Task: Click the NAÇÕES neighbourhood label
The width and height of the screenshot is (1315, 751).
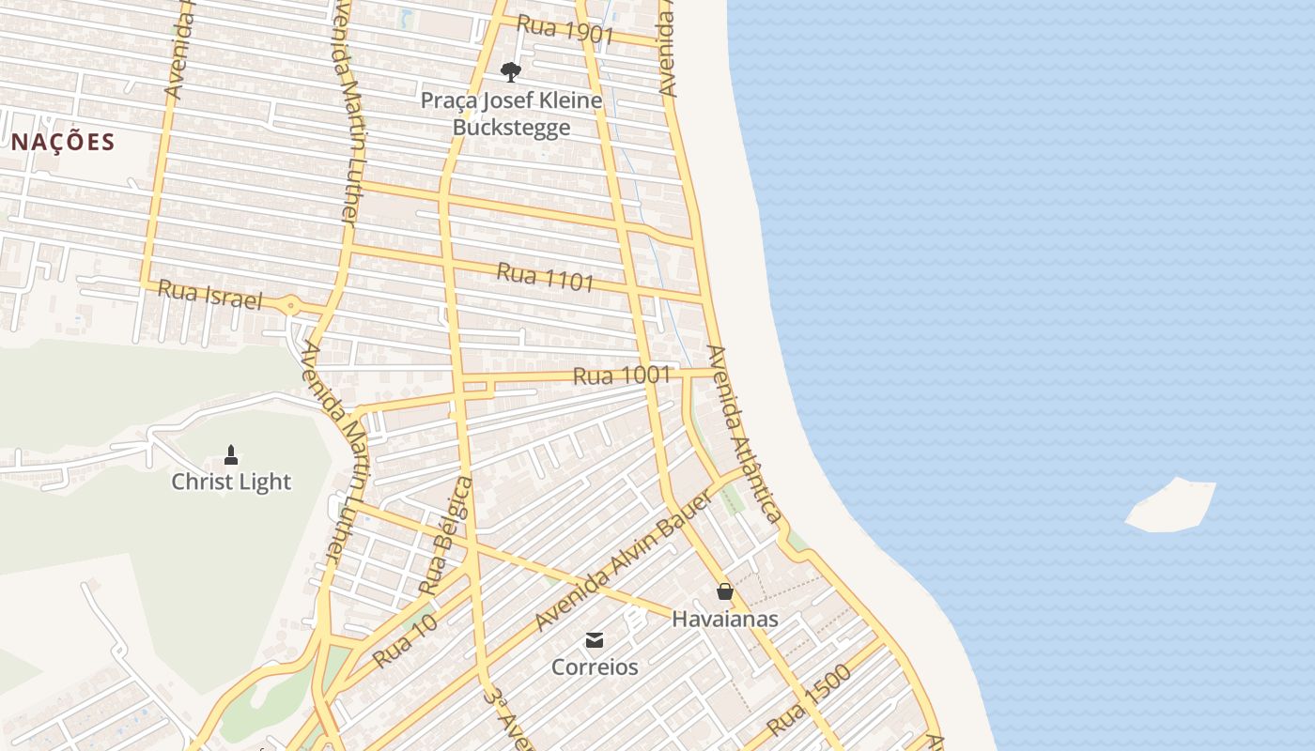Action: click(63, 143)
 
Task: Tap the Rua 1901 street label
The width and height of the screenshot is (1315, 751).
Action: click(565, 30)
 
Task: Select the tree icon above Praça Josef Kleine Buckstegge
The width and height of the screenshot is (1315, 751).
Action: click(511, 72)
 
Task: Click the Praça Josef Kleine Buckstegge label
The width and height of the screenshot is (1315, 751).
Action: click(511, 113)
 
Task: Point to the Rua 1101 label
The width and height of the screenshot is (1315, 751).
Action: click(545, 277)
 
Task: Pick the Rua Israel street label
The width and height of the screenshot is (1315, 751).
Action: click(209, 295)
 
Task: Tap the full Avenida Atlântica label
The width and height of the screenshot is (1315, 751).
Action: click(744, 433)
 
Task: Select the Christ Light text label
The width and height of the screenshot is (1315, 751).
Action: click(231, 482)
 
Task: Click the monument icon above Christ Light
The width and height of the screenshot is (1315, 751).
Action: click(231, 456)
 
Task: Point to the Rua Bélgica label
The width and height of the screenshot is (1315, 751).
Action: click(445, 535)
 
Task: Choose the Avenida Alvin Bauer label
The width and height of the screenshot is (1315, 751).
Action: click(623, 560)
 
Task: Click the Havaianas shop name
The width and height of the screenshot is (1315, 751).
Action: click(724, 619)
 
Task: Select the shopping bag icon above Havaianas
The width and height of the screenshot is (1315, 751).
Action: click(724, 591)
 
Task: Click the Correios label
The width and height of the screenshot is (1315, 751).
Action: click(595, 667)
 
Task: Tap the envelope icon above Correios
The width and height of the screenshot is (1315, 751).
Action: click(595, 640)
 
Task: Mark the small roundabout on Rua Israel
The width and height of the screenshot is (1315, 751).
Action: click(291, 305)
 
